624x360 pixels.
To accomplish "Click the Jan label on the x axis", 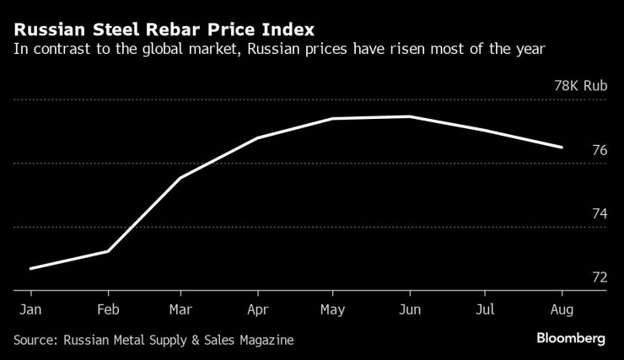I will tap(30, 309).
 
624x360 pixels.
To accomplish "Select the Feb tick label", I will tap(107, 309).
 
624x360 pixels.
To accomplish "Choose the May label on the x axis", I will tap(332, 309).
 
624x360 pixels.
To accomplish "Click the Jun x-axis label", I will tap(409, 309).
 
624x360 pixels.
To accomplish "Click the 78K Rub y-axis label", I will tap(580, 86).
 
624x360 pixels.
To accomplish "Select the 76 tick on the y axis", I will tap(600, 150).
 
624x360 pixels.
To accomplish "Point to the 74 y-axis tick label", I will tap(600, 214).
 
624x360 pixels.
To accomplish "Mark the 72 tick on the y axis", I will tap(600, 277).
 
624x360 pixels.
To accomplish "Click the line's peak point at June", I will tap(410, 116).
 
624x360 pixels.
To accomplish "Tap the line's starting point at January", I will tap(30, 268).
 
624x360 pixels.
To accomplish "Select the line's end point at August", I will tap(562, 148).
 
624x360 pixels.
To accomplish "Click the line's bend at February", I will tap(107, 251).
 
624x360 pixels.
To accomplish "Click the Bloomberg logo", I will tap(571, 338).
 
